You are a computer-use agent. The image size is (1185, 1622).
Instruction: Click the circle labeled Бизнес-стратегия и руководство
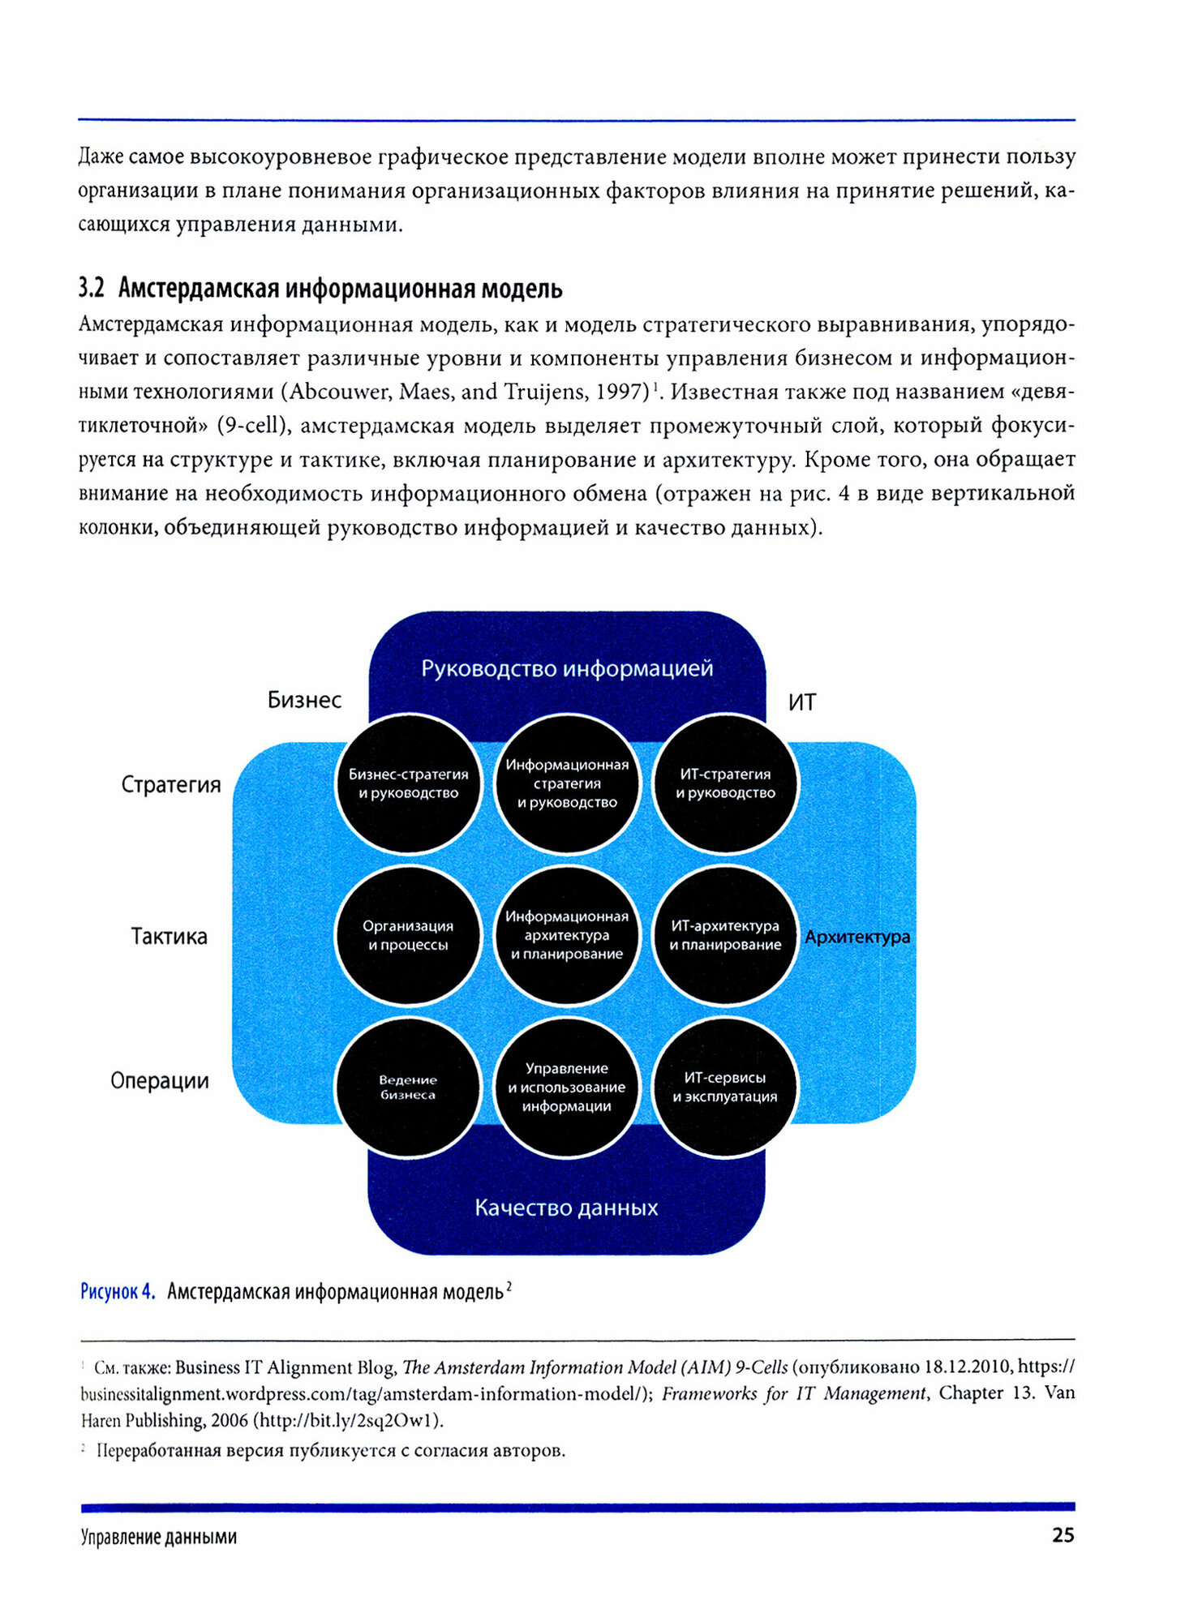(x=408, y=783)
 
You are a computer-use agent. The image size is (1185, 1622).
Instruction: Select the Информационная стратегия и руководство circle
(x=567, y=783)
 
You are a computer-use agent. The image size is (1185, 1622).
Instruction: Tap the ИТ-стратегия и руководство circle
(x=726, y=783)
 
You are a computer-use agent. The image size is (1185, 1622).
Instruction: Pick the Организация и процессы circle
(x=408, y=935)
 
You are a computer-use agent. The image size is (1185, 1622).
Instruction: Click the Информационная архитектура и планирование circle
(x=567, y=935)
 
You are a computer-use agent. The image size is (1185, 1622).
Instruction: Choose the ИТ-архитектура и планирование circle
(x=725, y=935)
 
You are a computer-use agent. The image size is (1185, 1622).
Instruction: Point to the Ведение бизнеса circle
(x=408, y=1087)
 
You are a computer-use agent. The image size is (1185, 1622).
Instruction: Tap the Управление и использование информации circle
(x=567, y=1087)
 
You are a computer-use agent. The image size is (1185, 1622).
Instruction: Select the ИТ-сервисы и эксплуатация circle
(x=725, y=1087)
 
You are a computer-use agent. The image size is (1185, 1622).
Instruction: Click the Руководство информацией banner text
(x=567, y=669)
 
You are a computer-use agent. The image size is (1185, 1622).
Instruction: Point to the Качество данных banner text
(x=566, y=1208)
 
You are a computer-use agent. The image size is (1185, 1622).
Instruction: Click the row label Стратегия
(x=171, y=784)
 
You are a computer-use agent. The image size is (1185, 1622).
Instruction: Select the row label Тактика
(x=170, y=937)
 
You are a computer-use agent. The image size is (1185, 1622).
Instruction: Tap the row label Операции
(x=160, y=1081)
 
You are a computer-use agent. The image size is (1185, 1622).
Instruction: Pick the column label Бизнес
(x=304, y=700)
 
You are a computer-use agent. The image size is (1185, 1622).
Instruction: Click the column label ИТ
(x=802, y=702)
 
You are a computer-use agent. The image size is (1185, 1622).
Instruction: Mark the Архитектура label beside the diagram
(x=857, y=937)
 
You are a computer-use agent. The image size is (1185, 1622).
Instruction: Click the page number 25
(x=1063, y=1535)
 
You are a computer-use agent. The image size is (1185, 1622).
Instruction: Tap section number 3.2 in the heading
(x=92, y=288)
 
